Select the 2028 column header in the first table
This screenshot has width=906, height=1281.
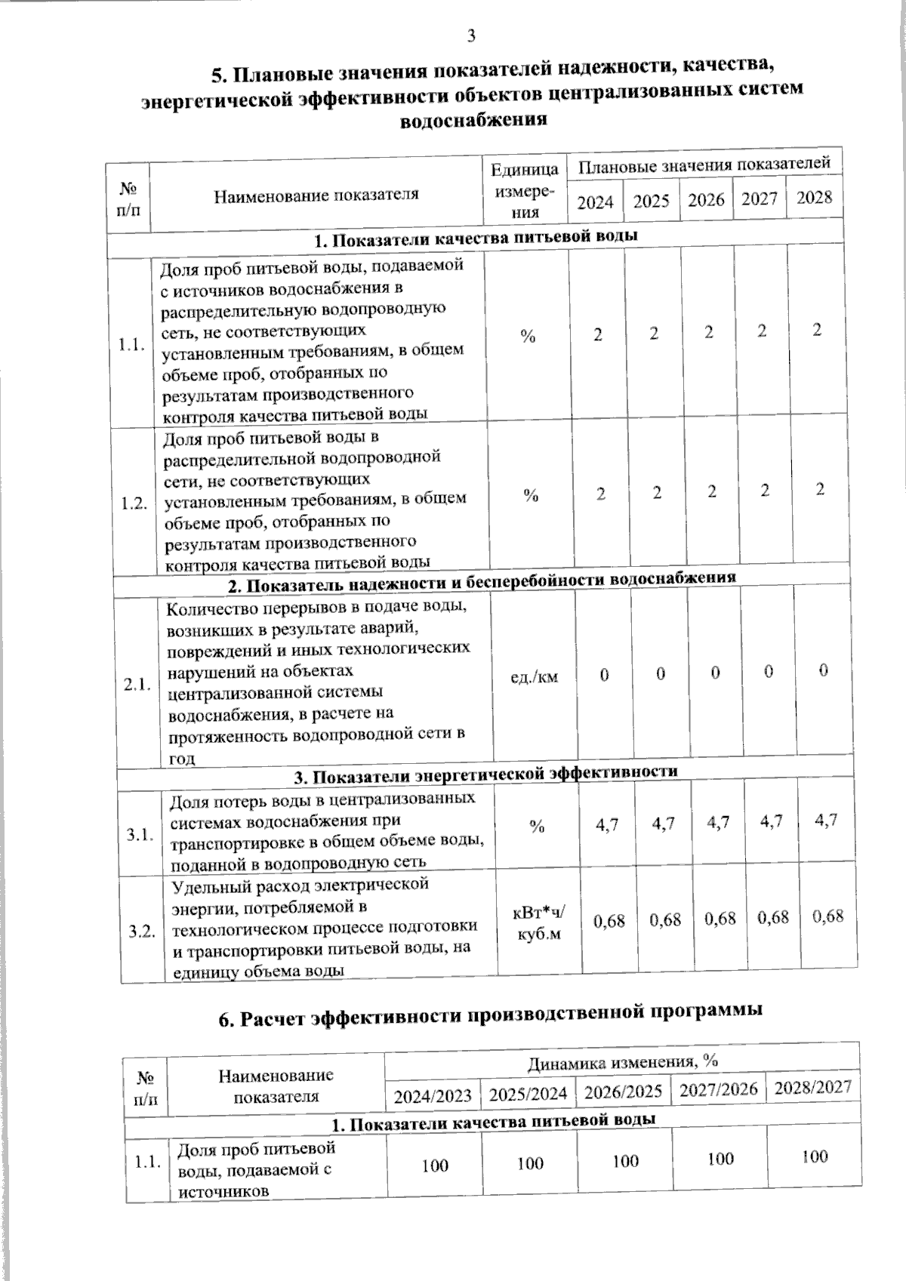pyautogui.click(x=815, y=198)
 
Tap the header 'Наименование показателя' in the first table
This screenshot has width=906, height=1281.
pyautogui.click(x=316, y=196)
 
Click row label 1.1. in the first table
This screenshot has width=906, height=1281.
pyautogui.click(x=131, y=345)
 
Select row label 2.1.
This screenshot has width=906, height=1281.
pyautogui.click(x=138, y=685)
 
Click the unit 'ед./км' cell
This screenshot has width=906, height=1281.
pyautogui.click(x=534, y=676)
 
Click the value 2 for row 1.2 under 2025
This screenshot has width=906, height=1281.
pyautogui.click(x=658, y=493)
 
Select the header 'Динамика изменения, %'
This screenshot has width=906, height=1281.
pyautogui.click(x=621, y=1061)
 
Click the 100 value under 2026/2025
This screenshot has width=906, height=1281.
pyautogui.click(x=625, y=1161)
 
